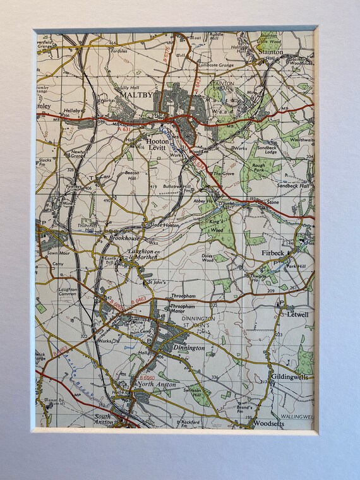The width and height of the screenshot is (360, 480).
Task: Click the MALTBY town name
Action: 137,95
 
